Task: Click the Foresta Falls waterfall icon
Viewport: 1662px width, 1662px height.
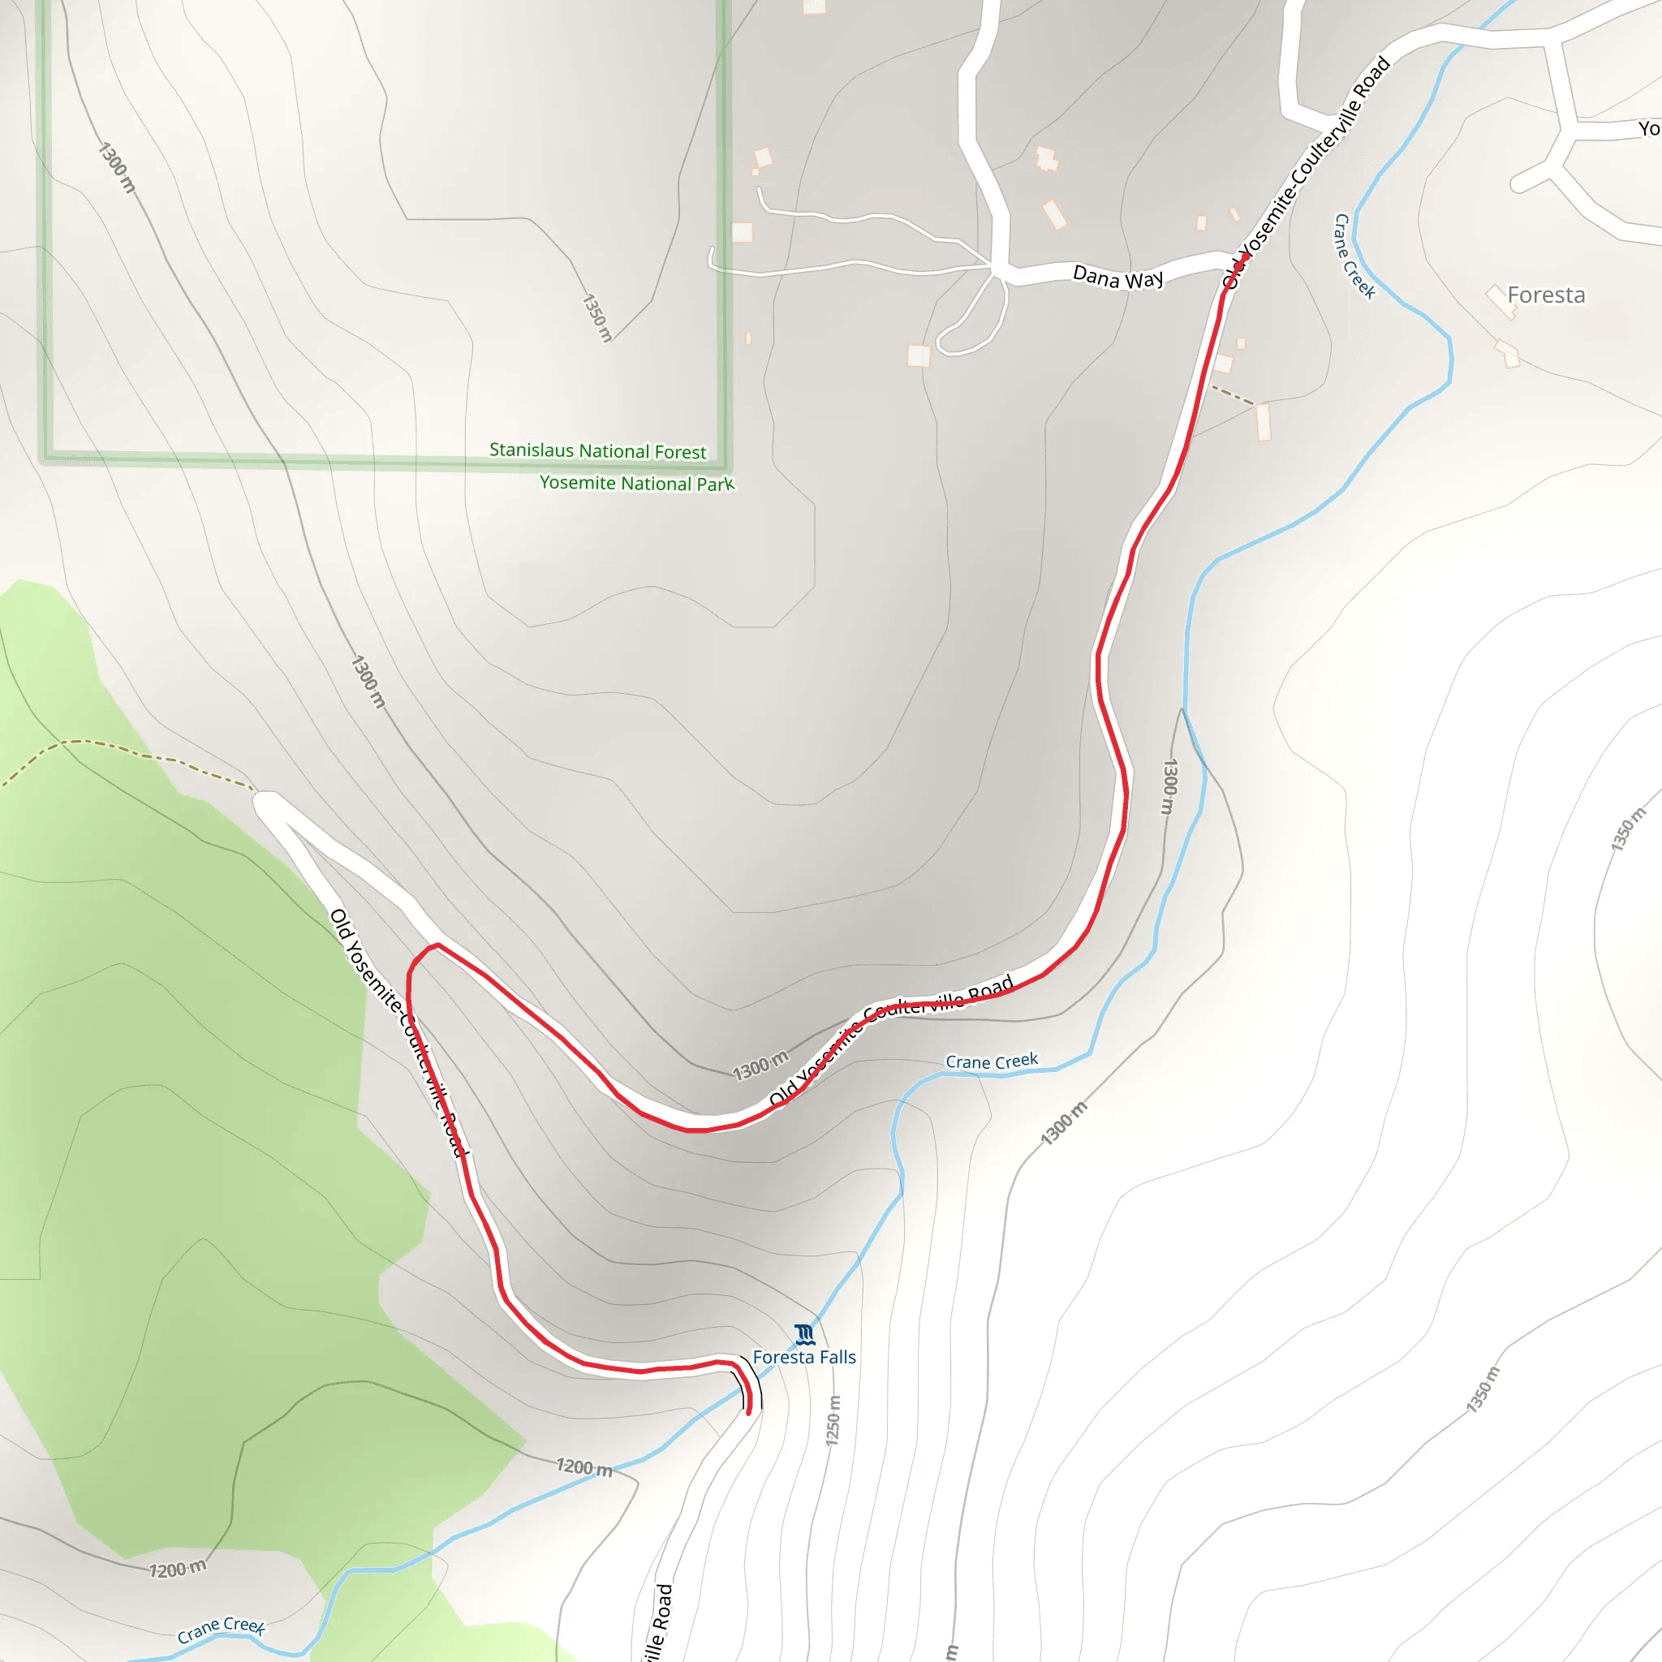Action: [x=804, y=1334]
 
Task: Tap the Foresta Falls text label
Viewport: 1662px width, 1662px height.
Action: [x=804, y=1358]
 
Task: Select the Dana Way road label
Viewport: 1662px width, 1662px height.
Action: [x=1117, y=278]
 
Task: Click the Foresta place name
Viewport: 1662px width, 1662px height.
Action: [x=1546, y=295]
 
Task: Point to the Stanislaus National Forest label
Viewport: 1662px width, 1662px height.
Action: [x=598, y=450]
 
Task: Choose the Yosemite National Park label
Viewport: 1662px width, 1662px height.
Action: [x=636, y=483]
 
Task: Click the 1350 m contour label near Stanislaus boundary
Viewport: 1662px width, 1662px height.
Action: [x=597, y=317]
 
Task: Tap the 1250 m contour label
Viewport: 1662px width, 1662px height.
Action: [x=833, y=1420]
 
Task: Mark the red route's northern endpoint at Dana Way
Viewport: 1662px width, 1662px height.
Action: [x=1245, y=256]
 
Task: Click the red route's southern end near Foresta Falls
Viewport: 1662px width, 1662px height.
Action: [x=749, y=1412]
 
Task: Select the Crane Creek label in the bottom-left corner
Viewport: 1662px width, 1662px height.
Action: [x=221, y=1629]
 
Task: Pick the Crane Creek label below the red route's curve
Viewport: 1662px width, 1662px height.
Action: [x=991, y=1061]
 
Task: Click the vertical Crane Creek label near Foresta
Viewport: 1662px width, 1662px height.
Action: [x=1354, y=256]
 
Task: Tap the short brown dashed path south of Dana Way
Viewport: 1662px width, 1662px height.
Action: [x=1233, y=396]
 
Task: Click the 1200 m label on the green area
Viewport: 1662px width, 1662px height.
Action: [x=178, y=1569]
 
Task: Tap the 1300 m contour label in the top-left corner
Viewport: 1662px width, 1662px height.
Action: [x=117, y=168]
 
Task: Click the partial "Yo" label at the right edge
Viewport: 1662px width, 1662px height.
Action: [x=1648, y=129]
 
